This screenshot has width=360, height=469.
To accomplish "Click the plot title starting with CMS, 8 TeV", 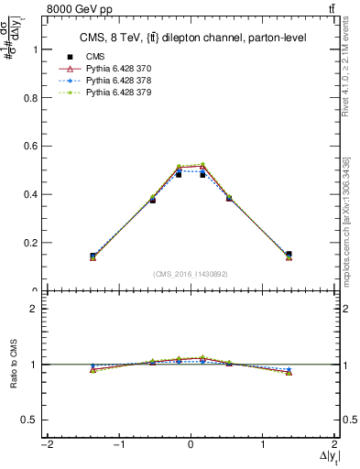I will point(191,38).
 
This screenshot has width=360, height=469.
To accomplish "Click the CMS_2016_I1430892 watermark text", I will point(191,274).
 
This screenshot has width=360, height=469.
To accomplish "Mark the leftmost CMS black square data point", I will point(93,256).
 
